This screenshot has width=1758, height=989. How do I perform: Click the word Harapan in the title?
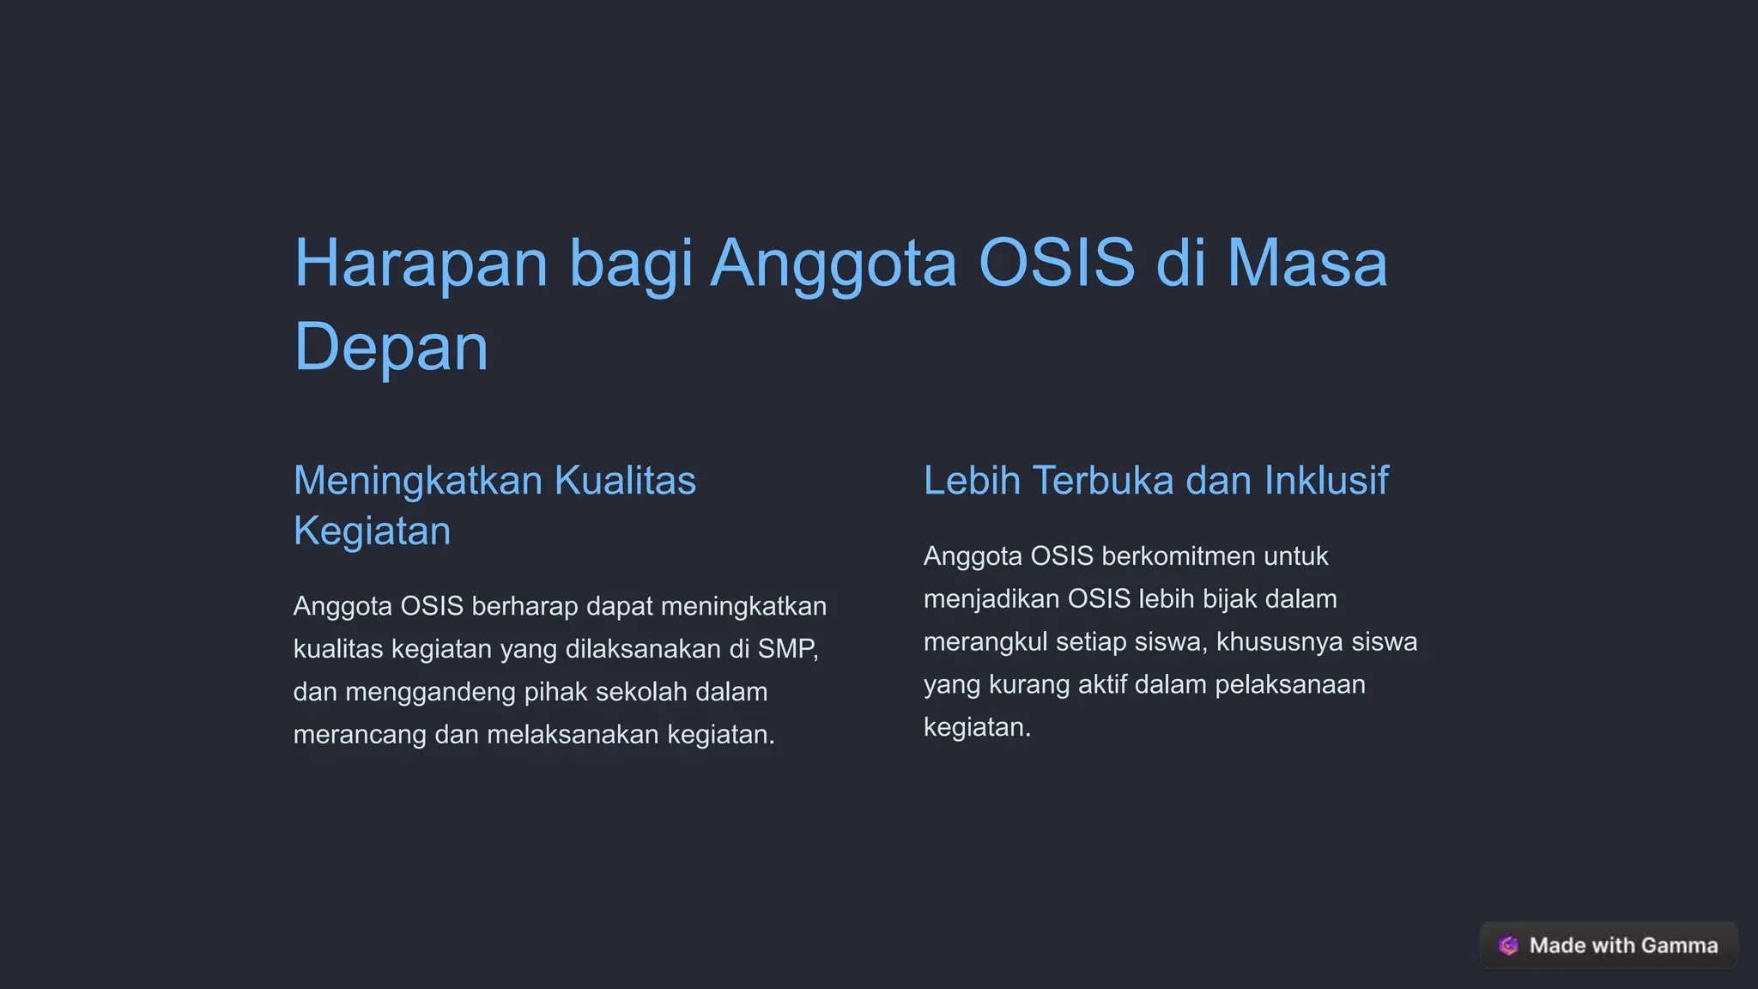click(421, 263)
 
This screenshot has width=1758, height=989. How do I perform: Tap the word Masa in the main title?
click(1306, 263)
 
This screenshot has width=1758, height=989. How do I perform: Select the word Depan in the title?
click(391, 347)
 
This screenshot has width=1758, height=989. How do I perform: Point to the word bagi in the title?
click(630, 264)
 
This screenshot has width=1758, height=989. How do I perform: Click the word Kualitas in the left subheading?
click(625, 481)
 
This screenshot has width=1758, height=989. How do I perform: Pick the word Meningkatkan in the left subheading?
click(418, 481)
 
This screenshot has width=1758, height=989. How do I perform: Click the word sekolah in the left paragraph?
click(641, 692)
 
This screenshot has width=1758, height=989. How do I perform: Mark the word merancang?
click(360, 735)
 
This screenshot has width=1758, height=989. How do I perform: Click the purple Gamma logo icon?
click(1508, 945)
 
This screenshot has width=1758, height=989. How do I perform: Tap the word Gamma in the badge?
click(1679, 945)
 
